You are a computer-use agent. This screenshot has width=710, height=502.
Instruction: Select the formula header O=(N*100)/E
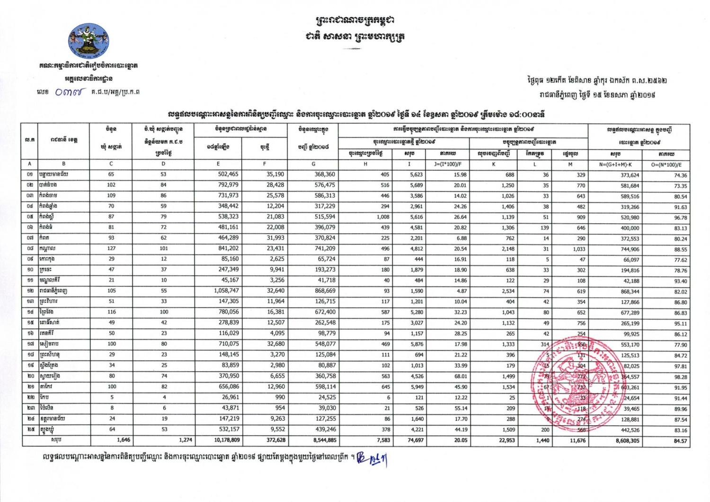(x=673, y=164)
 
